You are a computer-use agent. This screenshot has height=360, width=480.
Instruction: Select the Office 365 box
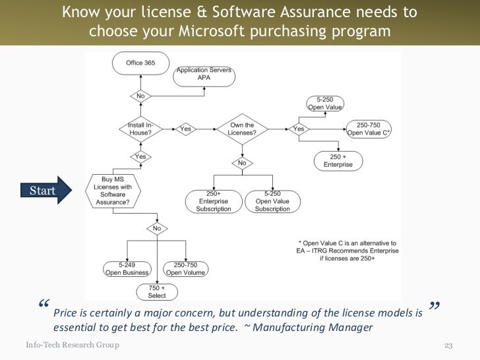[x=140, y=63]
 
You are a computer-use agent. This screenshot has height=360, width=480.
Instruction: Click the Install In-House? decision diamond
[x=140, y=129]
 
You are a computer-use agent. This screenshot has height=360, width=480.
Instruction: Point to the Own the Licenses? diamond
[x=242, y=129]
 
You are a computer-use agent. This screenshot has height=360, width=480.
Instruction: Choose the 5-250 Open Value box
[x=325, y=104]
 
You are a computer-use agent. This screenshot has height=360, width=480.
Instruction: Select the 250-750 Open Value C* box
[x=369, y=129]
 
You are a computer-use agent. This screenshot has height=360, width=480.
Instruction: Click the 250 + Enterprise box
[x=337, y=160]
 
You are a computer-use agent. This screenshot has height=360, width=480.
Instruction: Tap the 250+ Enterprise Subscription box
[x=213, y=201]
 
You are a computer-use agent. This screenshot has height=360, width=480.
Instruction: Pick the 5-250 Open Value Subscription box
[x=272, y=201]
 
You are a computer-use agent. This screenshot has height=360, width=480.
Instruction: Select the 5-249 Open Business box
[x=127, y=268]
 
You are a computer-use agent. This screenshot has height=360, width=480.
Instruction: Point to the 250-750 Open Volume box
[x=186, y=268]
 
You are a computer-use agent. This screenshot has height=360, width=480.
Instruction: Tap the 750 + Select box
[x=157, y=291]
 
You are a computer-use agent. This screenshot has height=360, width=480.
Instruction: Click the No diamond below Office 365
[x=140, y=96]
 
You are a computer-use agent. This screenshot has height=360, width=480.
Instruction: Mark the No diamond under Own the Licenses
[x=242, y=162]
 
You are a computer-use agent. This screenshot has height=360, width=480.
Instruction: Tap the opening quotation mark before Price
[x=44, y=305]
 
